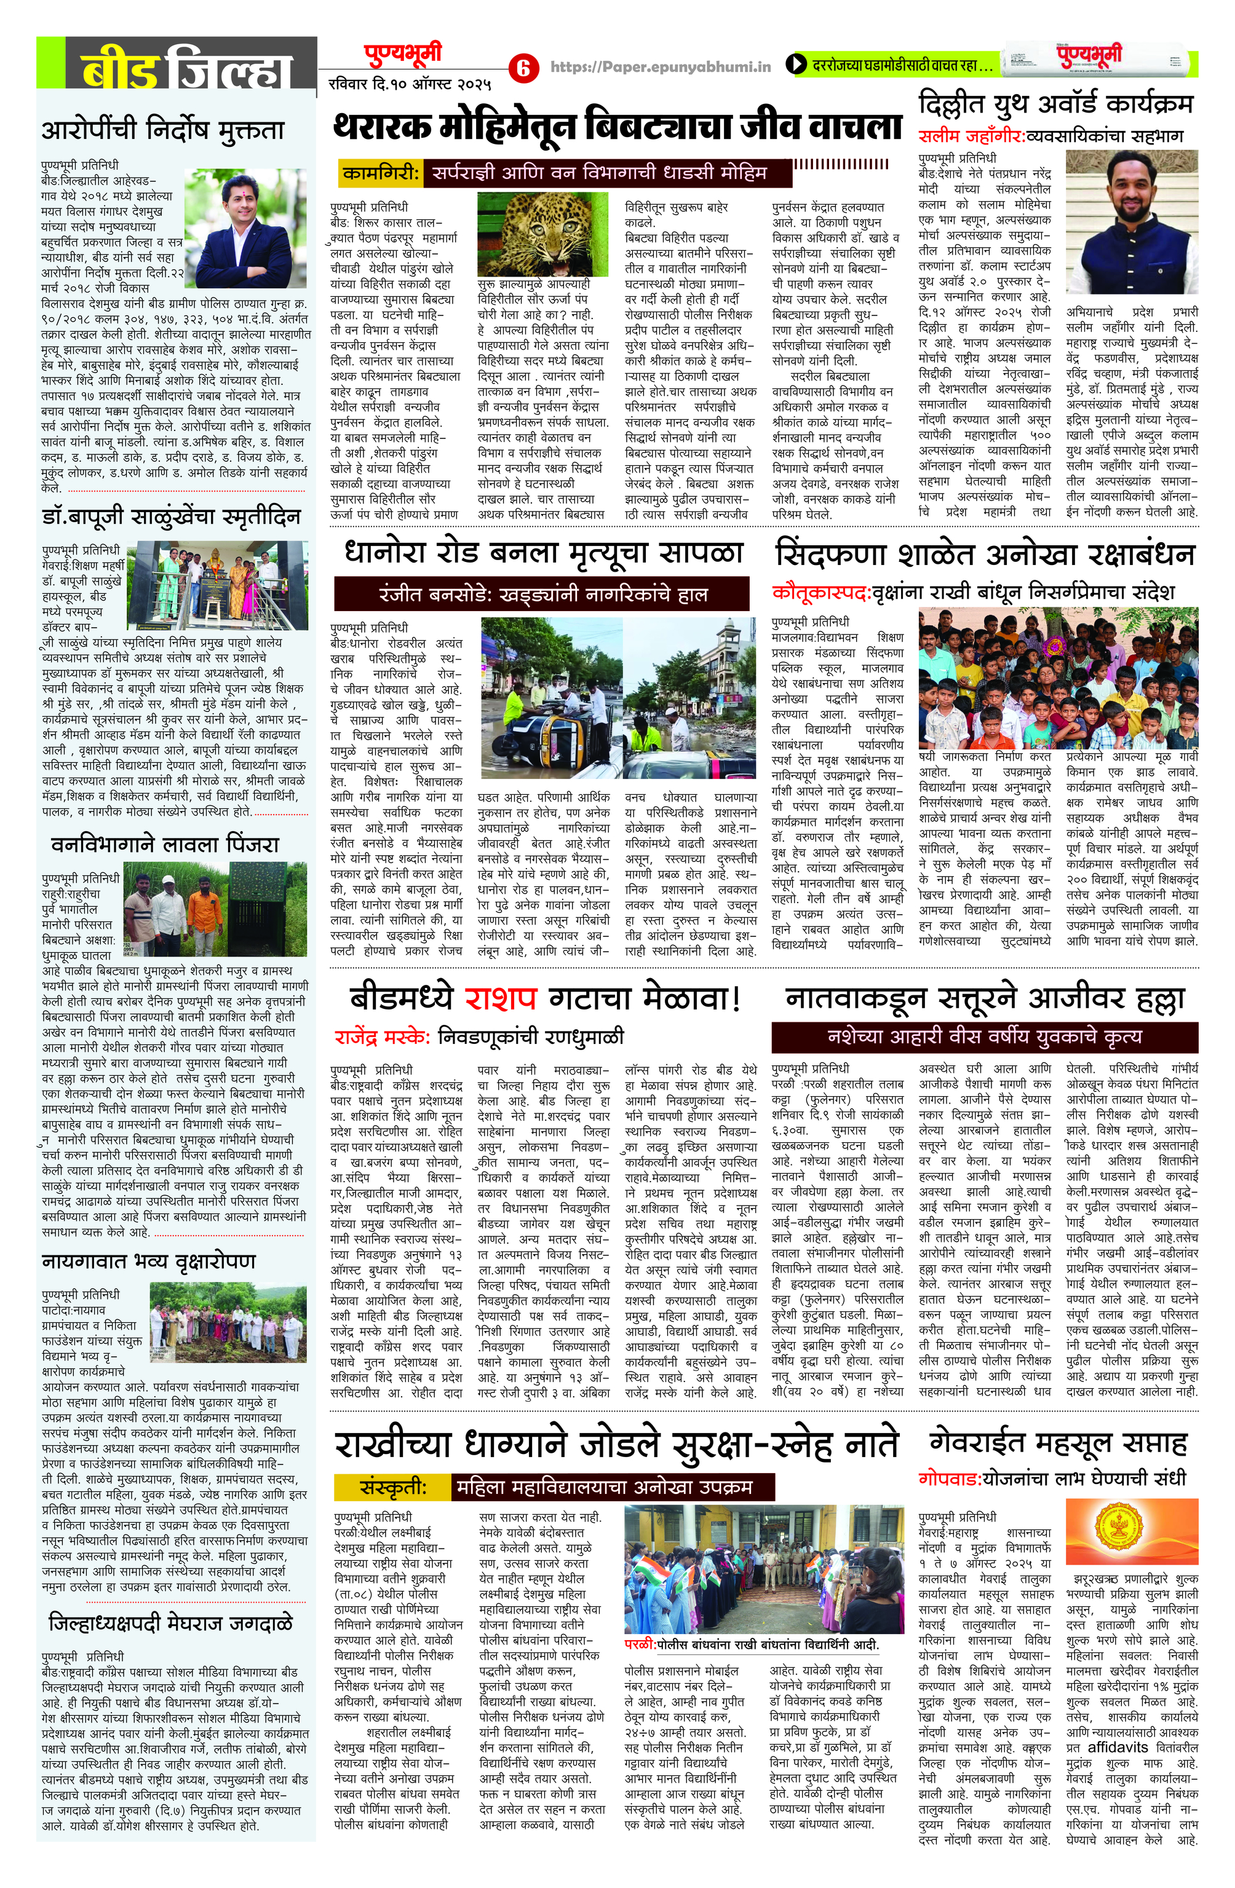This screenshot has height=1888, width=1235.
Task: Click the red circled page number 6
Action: tap(522, 68)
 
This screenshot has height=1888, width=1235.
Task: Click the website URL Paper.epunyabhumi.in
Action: tap(661, 68)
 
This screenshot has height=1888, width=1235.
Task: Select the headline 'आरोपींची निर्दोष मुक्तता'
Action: tap(163, 129)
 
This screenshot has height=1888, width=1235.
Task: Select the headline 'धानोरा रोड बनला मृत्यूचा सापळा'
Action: tap(544, 553)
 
